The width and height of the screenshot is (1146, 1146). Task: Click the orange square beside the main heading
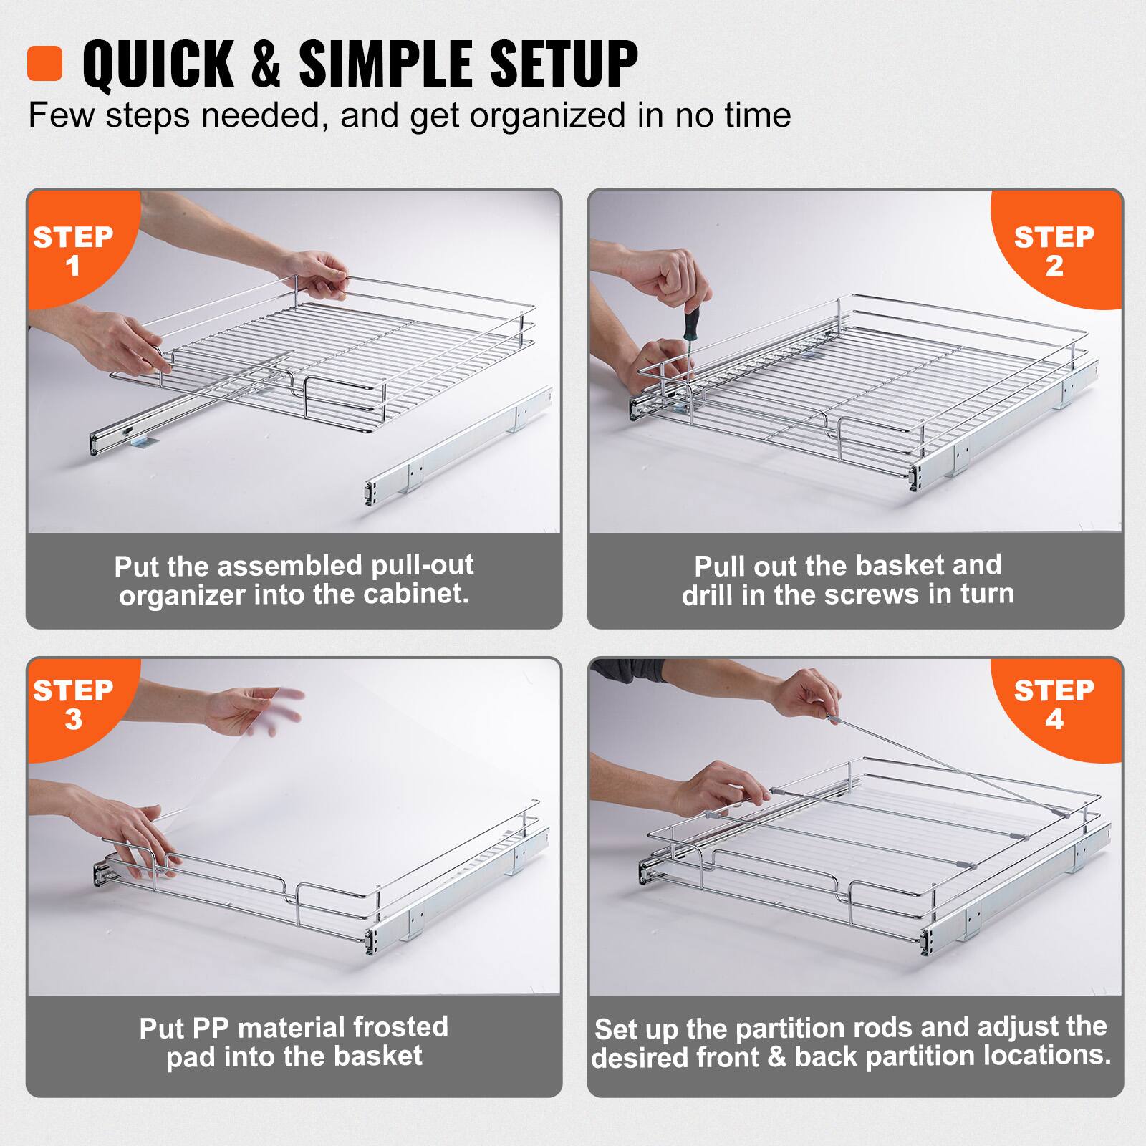pos(44,63)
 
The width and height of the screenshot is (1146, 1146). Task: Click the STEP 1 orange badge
pos(73,251)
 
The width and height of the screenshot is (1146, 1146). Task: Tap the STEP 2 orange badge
pos(1054,251)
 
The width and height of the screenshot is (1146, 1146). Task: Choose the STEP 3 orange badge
pos(73,705)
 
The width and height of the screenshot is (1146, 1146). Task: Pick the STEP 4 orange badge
pos(1054,705)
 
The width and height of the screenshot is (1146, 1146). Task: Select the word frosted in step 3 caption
pos(400,1027)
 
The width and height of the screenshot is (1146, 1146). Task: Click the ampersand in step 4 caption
pos(776,1057)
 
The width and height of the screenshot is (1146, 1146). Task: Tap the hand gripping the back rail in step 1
pos(319,272)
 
